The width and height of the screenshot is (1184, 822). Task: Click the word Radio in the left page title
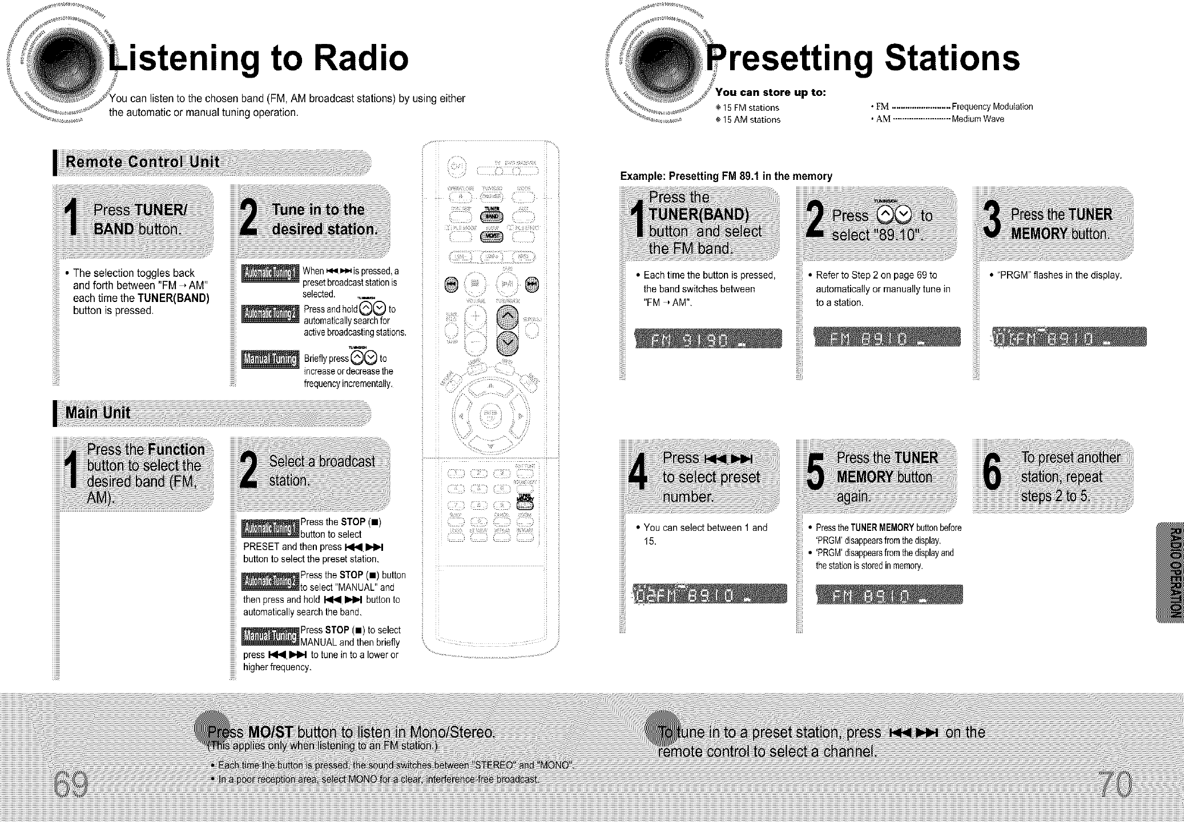click(x=354, y=58)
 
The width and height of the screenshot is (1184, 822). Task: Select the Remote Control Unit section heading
click(x=143, y=162)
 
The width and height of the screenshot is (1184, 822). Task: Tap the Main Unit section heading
click(x=98, y=413)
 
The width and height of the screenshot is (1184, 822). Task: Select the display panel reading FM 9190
click(x=708, y=339)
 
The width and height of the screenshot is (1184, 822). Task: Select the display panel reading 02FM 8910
click(x=709, y=594)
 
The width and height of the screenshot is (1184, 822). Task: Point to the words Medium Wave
click(x=977, y=119)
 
